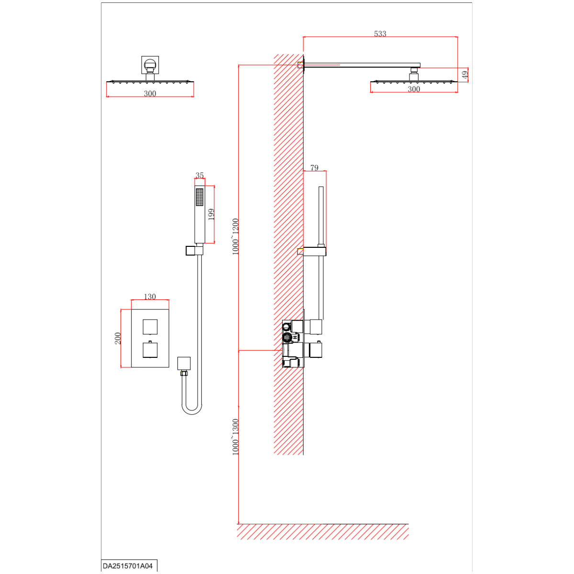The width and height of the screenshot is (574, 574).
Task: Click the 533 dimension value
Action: (380, 33)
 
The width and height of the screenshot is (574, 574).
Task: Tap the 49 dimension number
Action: (465, 75)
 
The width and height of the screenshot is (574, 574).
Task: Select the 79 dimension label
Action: (314, 168)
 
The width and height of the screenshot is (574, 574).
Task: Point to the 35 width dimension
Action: (199, 175)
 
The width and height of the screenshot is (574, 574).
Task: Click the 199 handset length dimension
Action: (211, 214)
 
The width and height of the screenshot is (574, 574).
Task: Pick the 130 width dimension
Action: (150, 297)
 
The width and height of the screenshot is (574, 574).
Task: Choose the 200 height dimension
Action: (118, 338)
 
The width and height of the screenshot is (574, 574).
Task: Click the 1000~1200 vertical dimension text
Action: (236, 237)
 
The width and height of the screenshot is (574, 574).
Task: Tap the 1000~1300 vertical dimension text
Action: (236, 437)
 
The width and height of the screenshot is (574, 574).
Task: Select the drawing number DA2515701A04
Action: (128, 566)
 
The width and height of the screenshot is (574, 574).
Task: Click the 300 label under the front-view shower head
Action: (150, 94)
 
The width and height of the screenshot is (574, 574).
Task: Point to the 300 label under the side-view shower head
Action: (414, 89)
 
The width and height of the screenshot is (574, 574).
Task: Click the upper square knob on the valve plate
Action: (150, 327)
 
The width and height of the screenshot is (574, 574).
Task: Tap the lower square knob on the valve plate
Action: (150, 350)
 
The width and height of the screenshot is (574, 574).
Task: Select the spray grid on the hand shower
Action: (199, 197)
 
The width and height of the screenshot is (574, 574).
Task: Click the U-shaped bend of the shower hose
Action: (192, 409)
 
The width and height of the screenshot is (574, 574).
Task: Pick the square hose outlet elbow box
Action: (184, 364)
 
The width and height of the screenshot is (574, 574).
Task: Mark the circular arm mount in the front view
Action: (150, 65)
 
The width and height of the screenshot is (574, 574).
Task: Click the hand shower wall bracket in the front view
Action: (194, 251)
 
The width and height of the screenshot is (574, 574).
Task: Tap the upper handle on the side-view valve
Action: (316, 327)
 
